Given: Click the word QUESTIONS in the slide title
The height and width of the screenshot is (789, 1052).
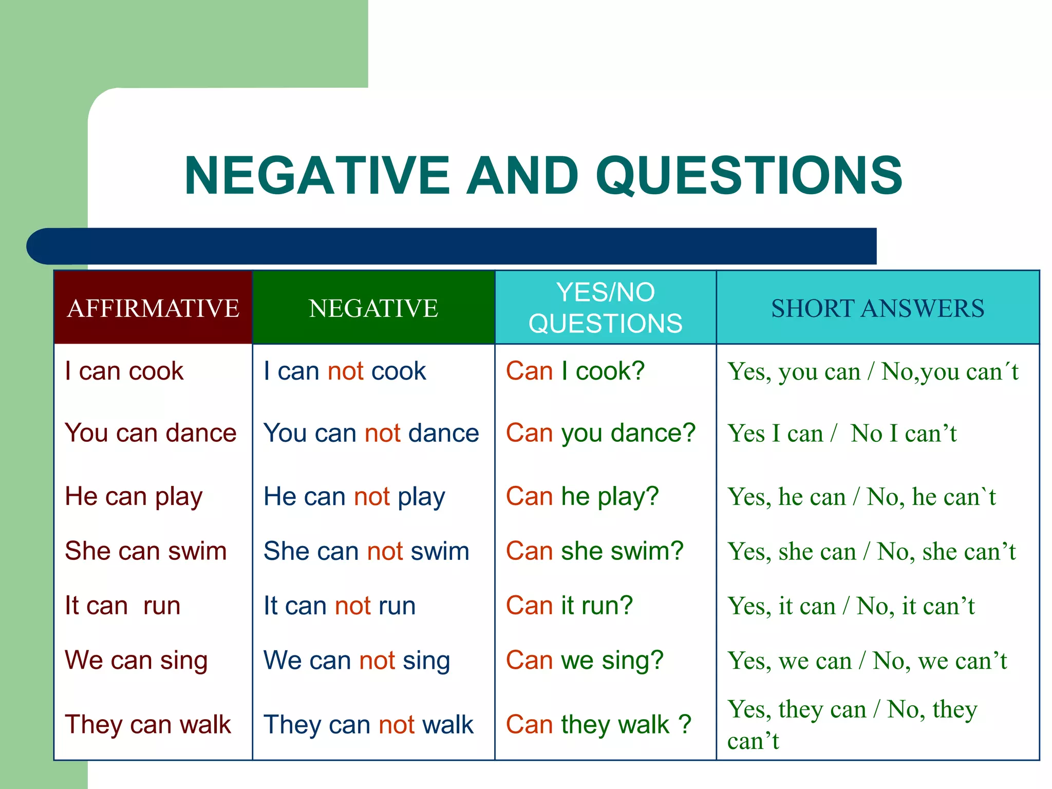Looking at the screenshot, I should click(x=749, y=176).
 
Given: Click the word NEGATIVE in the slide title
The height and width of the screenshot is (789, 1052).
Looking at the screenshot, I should click(x=317, y=176).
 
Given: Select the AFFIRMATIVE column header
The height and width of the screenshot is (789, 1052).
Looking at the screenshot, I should click(x=153, y=308).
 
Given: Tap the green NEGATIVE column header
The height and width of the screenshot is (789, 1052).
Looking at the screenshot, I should click(x=373, y=308).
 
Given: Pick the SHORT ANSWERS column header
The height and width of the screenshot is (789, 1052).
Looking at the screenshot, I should click(x=877, y=308).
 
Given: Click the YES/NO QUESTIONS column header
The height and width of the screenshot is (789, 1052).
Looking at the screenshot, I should click(x=605, y=308).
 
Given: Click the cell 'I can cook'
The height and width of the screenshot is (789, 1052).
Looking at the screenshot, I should click(x=124, y=371).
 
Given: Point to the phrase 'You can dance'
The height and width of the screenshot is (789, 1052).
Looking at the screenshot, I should click(x=151, y=433).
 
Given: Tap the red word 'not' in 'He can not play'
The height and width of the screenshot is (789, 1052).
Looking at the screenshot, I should click(x=372, y=497).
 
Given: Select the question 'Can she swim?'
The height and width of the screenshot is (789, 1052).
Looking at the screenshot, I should click(x=594, y=551).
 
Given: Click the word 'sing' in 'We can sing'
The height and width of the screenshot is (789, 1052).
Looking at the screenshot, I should click(x=183, y=661).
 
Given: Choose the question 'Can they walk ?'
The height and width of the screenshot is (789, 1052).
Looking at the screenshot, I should click(x=598, y=725).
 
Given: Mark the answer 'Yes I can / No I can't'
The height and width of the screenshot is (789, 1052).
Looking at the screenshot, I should click(x=841, y=434).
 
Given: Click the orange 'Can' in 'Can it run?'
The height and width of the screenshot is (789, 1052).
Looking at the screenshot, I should click(x=529, y=606).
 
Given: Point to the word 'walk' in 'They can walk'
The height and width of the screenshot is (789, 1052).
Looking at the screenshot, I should click(x=205, y=725).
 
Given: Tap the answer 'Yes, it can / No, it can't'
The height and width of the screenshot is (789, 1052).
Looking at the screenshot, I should click(x=851, y=606).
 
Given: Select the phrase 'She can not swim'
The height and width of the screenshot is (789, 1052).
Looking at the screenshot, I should click(x=366, y=551).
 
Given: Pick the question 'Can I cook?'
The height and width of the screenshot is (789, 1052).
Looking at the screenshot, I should click(x=575, y=371).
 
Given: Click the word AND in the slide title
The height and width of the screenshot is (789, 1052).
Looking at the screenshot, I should click(x=523, y=176).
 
